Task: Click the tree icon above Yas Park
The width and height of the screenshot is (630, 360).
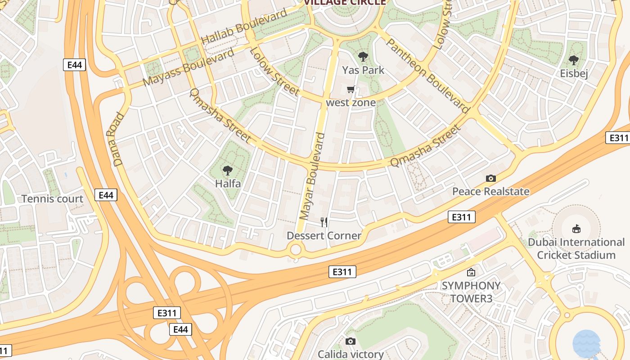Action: point(363,57)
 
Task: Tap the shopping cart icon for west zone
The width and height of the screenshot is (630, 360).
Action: point(351,90)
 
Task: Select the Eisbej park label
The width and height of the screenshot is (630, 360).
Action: point(574,73)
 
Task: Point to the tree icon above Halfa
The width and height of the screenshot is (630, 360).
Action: point(228,171)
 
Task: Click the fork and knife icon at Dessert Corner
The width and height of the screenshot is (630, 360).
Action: point(324,222)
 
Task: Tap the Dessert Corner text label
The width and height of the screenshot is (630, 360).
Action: point(324,236)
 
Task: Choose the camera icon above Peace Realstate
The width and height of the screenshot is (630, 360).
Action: point(491,178)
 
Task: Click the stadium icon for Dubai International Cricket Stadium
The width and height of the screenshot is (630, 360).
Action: point(576,229)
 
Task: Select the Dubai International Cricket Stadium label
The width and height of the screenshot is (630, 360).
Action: point(576,248)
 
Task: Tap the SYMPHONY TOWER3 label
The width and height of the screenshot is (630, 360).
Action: point(471,292)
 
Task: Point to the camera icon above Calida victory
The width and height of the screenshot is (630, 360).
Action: point(351,342)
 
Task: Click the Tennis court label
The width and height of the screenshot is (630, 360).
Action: point(52,199)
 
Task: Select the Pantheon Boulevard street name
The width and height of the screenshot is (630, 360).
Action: point(427,75)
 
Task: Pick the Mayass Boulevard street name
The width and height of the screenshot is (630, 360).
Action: point(189,67)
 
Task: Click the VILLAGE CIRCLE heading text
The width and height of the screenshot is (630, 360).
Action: point(345,2)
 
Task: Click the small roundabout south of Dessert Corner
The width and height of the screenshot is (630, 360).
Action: point(296,249)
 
